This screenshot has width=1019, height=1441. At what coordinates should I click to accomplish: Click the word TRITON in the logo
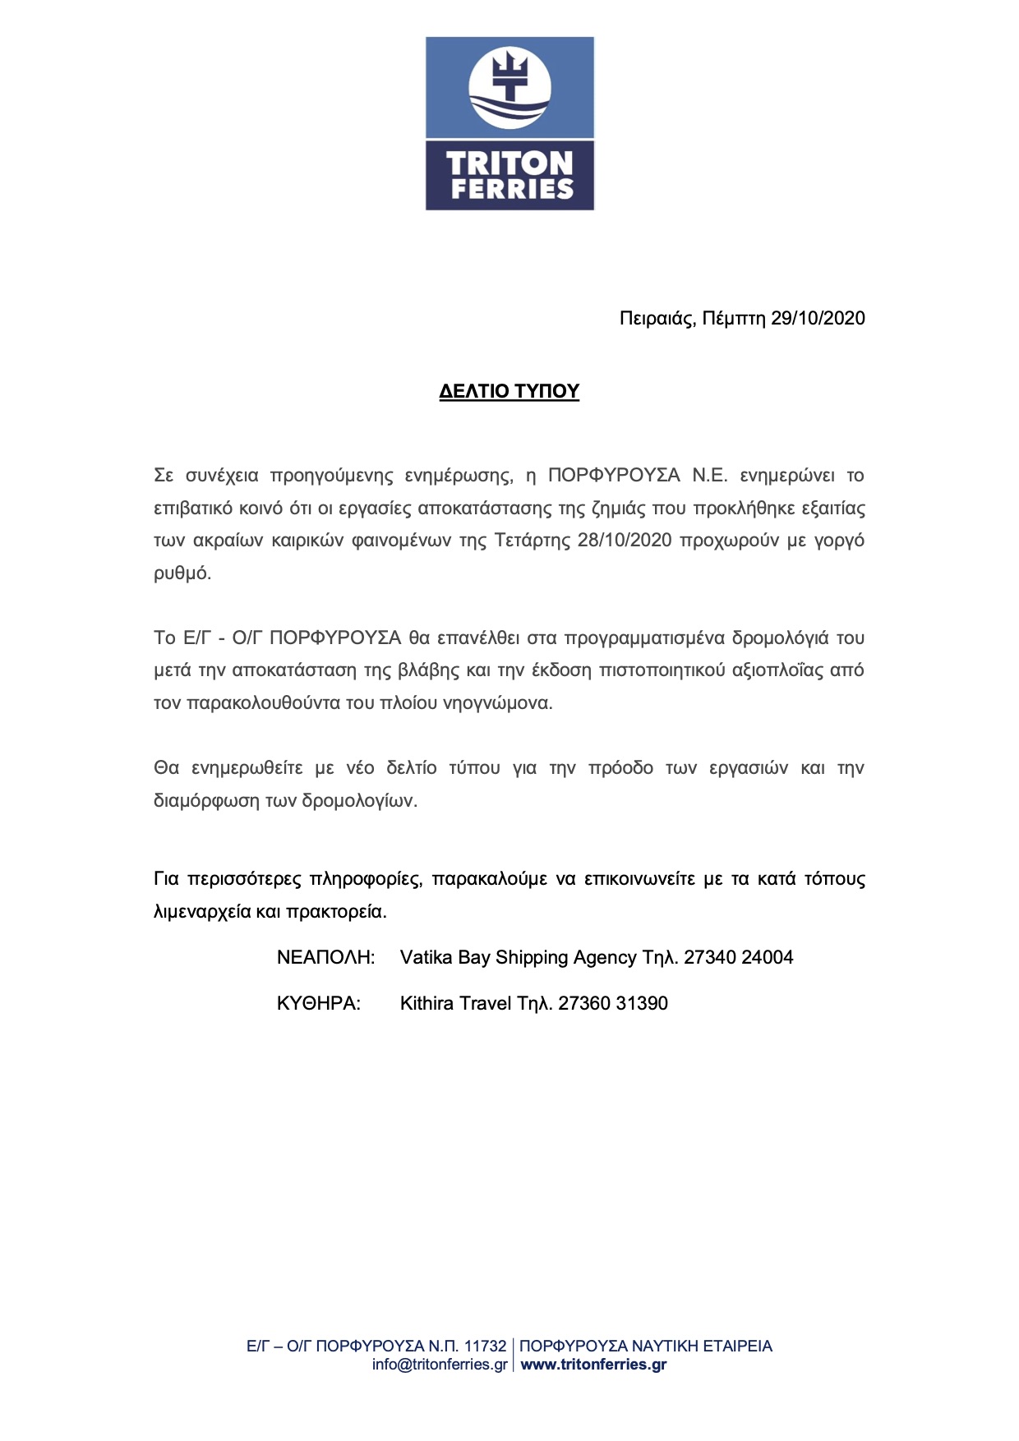click(x=509, y=162)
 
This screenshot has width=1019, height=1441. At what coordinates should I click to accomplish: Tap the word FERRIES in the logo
click(x=511, y=189)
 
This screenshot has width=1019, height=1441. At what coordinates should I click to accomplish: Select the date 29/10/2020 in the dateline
click(x=818, y=319)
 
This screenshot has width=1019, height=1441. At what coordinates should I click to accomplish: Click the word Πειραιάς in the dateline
click(x=657, y=319)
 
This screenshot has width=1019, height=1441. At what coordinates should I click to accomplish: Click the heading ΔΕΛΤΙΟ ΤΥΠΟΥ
click(x=509, y=391)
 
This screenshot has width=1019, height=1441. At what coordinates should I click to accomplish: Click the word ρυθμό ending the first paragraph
click(x=182, y=573)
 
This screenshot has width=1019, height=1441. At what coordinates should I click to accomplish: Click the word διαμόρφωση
click(x=202, y=801)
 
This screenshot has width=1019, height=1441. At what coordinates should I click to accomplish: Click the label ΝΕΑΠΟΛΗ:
click(x=325, y=958)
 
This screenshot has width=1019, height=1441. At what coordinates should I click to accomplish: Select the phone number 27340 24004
click(x=739, y=958)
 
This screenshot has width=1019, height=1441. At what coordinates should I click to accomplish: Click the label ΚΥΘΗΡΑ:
click(x=318, y=1004)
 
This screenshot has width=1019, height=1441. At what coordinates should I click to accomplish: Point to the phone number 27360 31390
click(x=613, y=1004)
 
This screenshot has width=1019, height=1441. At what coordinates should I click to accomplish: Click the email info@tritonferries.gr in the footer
click(x=440, y=1365)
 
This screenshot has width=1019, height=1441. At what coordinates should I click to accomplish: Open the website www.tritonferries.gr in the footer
click(x=593, y=1365)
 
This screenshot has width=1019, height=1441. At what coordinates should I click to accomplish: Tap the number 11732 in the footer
click(x=485, y=1347)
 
